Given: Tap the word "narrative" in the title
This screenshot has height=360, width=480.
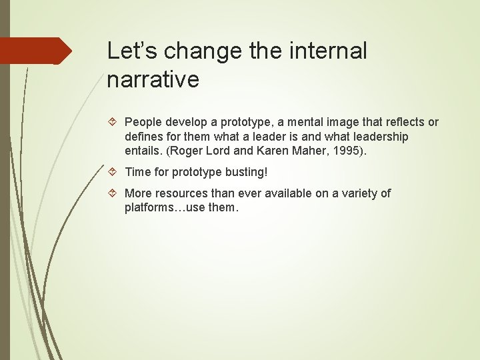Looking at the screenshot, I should pyautogui.click(x=153, y=79).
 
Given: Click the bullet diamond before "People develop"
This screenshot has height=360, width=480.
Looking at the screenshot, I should pyautogui.click(x=113, y=123).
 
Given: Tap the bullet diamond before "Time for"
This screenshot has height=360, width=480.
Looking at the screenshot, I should pyautogui.click(x=113, y=172).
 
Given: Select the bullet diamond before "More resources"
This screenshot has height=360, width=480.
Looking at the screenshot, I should pyautogui.click(x=113, y=193).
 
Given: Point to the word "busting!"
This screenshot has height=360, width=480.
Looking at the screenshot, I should pyautogui.click(x=247, y=172).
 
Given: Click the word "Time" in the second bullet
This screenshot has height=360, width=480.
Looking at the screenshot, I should pyautogui.click(x=137, y=172).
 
